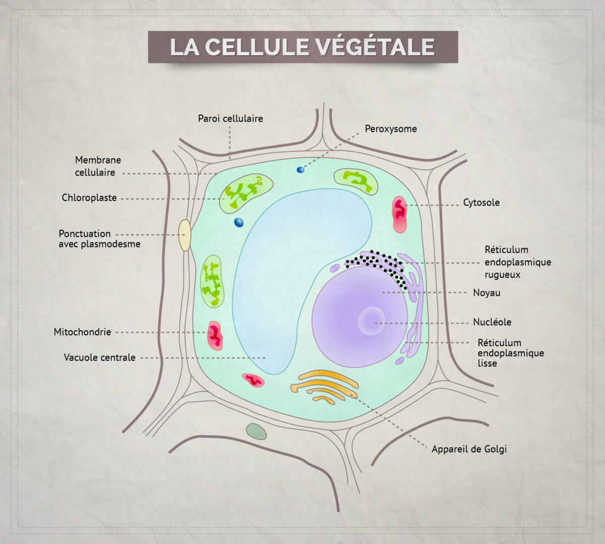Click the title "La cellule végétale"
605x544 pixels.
pyautogui.click(x=302, y=47)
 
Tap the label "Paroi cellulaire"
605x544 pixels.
pyautogui.click(x=230, y=119)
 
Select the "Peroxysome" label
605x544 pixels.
pyautogui.click(x=391, y=129)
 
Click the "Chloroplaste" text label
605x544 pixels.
pyautogui.click(x=89, y=198)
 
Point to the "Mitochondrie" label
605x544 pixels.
pyautogui.click(x=82, y=332)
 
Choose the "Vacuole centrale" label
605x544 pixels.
pyautogui.click(x=99, y=358)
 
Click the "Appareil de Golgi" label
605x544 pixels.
pyautogui.click(x=469, y=449)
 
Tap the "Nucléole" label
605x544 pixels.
pyautogui.click(x=492, y=322)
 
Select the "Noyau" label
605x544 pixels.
pyautogui.click(x=487, y=293)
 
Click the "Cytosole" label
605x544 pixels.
pyautogui.click(x=481, y=203)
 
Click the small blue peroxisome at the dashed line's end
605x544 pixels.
pyautogui.click(x=300, y=170)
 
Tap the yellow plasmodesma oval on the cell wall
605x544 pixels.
pyautogui.click(x=185, y=235)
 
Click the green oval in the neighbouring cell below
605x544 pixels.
pyautogui.click(x=256, y=432)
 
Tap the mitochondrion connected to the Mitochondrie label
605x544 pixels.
pyautogui.click(x=215, y=336)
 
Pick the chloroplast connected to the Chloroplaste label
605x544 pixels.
pyautogui.click(x=247, y=191)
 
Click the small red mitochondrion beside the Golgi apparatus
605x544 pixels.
pyautogui.click(x=253, y=380)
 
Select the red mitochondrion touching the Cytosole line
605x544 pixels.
pyautogui.click(x=399, y=214)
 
